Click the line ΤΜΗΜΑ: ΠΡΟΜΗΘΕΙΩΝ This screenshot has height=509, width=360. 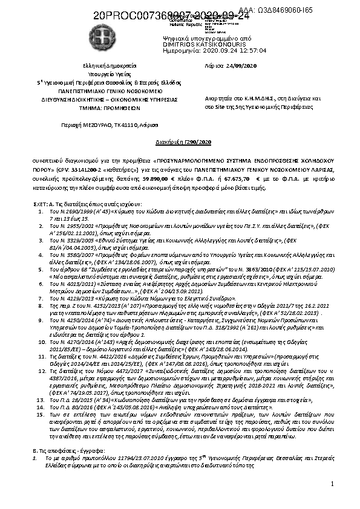[x=106, y=104]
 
